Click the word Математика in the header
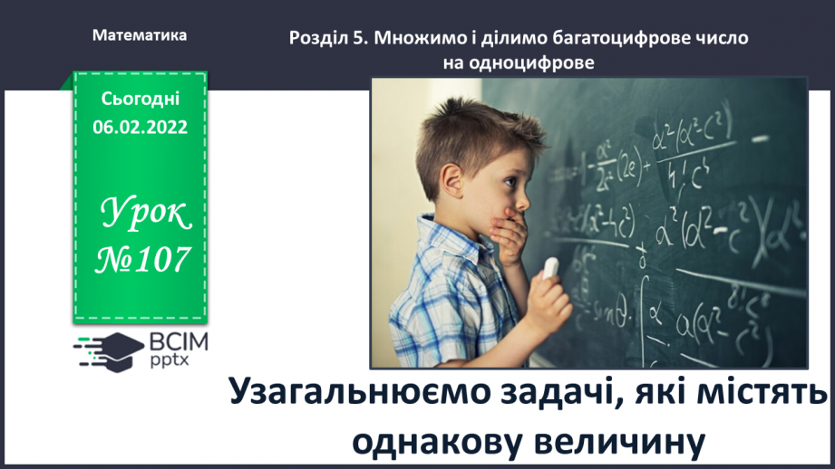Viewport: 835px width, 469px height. (140, 36)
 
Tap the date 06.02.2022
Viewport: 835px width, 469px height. (140, 128)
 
